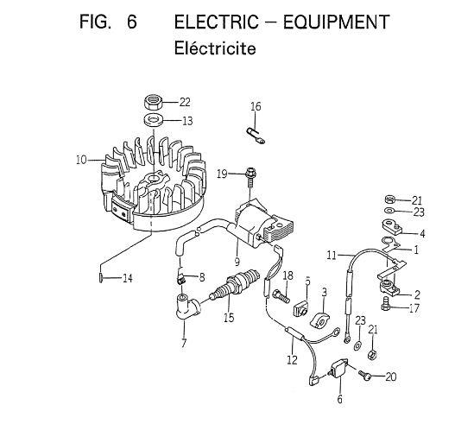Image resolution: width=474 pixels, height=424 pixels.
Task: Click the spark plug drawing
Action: (235, 285)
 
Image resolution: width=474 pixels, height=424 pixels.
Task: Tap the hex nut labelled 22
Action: (154, 103)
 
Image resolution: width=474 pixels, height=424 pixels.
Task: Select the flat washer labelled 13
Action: (154, 120)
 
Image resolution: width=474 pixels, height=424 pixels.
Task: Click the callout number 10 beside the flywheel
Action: (81, 160)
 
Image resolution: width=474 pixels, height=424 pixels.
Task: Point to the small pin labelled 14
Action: (101, 277)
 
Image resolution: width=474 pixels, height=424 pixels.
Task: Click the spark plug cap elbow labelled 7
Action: (186, 306)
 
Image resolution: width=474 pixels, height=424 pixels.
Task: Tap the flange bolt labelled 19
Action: (250, 178)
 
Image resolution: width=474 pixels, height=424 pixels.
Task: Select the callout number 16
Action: (256, 106)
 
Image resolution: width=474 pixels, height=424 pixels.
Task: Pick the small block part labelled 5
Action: (301, 309)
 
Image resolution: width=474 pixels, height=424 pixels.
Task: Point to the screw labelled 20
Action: (364, 375)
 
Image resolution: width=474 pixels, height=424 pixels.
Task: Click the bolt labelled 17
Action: (385, 304)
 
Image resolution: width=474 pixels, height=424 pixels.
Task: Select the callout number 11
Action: (332, 256)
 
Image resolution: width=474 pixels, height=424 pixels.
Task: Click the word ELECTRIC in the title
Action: (216, 22)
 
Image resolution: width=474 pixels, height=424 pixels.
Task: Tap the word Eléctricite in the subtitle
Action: (215, 48)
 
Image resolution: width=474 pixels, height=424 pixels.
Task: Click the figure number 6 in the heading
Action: (132, 22)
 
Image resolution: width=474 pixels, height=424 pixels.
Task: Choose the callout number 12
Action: (292, 359)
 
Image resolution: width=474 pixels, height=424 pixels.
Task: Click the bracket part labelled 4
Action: (391, 227)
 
